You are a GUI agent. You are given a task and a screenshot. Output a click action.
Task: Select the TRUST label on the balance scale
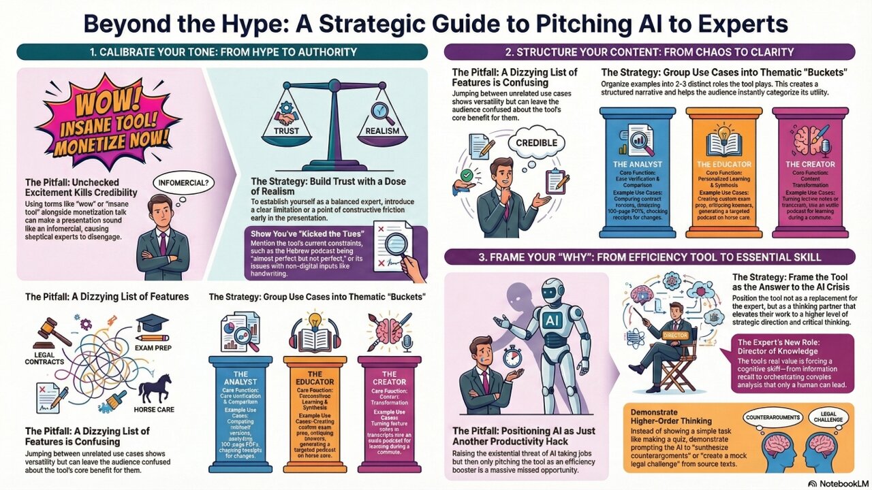286,130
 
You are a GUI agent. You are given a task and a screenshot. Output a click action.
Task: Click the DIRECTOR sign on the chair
674,335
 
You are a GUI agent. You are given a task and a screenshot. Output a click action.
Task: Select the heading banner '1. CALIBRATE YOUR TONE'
222,52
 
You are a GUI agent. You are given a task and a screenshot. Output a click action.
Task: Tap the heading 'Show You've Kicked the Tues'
301,233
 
